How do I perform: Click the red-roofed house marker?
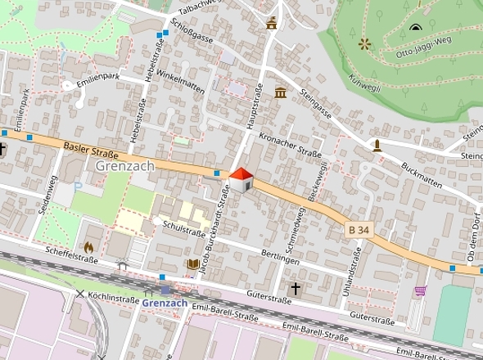coord(241,180)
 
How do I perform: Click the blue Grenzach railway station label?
coord(165,303)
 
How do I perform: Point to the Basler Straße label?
coord(90,150)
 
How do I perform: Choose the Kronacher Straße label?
coord(290,145)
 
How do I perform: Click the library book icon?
coord(193,264)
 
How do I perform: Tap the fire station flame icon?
coord(89,246)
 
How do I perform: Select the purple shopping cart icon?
coord(421,290)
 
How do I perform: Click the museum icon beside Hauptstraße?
coord(281,92)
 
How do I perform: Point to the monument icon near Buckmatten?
coord(377,146)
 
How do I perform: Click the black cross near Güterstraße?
coord(296,288)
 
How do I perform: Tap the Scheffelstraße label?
coord(72,254)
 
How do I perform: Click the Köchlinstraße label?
coord(114,299)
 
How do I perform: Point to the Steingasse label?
coord(315,102)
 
